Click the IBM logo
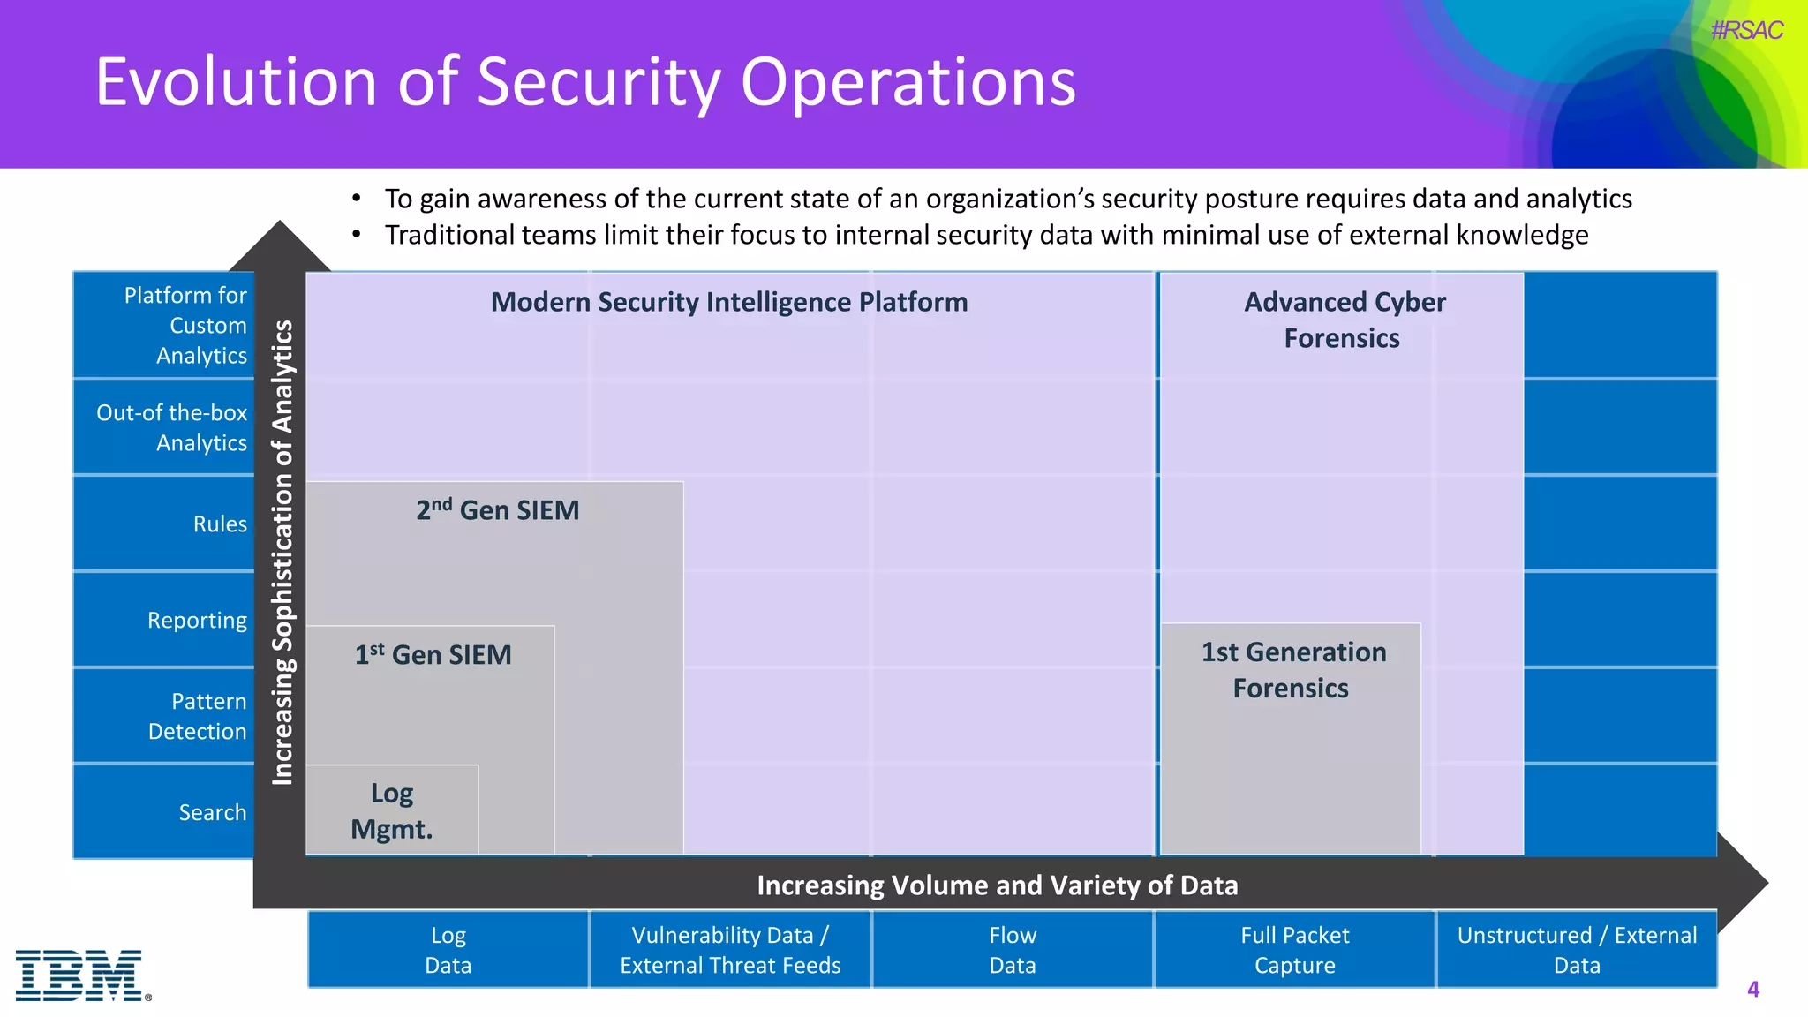[x=81, y=975]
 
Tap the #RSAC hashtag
[x=1745, y=30]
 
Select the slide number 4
[x=1752, y=990]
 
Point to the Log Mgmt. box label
[x=392, y=810]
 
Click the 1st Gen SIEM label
[x=433, y=655]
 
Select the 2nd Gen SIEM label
[x=498, y=510]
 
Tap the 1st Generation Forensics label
[x=1292, y=670]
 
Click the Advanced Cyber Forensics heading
[x=1344, y=320]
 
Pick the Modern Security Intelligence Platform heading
[x=729, y=302]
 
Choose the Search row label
[x=213, y=812]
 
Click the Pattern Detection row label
[x=198, y=716]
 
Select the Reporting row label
[x=197, y=620]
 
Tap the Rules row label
[x=220, y=524]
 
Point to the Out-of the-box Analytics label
[x=172, y=427]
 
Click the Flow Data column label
[x=1012, y=950]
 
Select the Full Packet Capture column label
[x=1294, y=950]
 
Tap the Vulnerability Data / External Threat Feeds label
[x=730, y=950]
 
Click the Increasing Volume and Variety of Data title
[x=997, y=885]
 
